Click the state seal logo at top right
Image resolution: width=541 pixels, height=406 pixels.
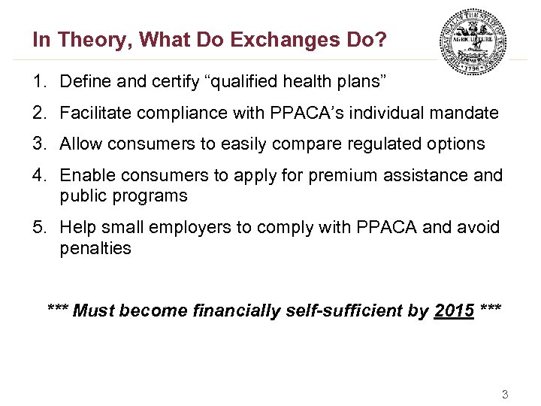473,41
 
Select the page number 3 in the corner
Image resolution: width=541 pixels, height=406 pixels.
505,394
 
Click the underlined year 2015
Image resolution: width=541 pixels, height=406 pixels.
454,311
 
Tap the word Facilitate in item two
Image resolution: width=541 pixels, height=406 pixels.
92,113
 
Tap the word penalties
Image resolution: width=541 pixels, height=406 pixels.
95,247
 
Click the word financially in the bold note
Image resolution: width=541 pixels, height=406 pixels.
240,311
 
